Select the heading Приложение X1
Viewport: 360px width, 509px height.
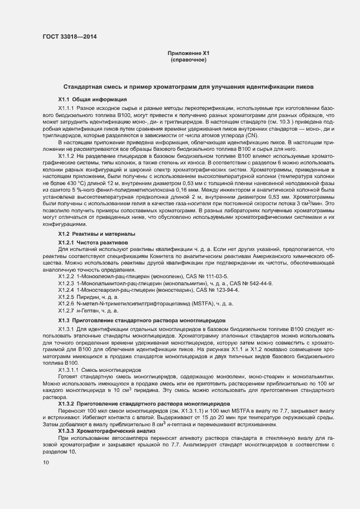pos(188,53)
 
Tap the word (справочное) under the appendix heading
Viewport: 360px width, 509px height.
pos(188,59)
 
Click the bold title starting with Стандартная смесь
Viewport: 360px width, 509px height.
pos(188,87)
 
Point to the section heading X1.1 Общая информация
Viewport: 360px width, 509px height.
pos(93,100)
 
